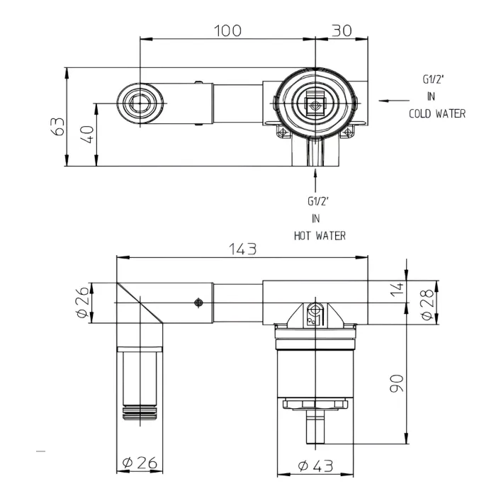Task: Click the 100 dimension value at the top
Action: click(x=227, y=30)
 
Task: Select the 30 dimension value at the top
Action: click(x=342, y=30)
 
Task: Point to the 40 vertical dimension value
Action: click(x=87, y=135)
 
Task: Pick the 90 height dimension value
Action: click(x=398, y=383)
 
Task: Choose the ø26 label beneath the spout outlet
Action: click(x=139, y=464)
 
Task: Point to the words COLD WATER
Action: click(x=437, y=113)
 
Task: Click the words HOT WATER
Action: click(x=320, y=235)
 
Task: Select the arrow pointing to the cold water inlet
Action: click(x=392, y=101)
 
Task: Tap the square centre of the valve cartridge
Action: click(x=314, y=104)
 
